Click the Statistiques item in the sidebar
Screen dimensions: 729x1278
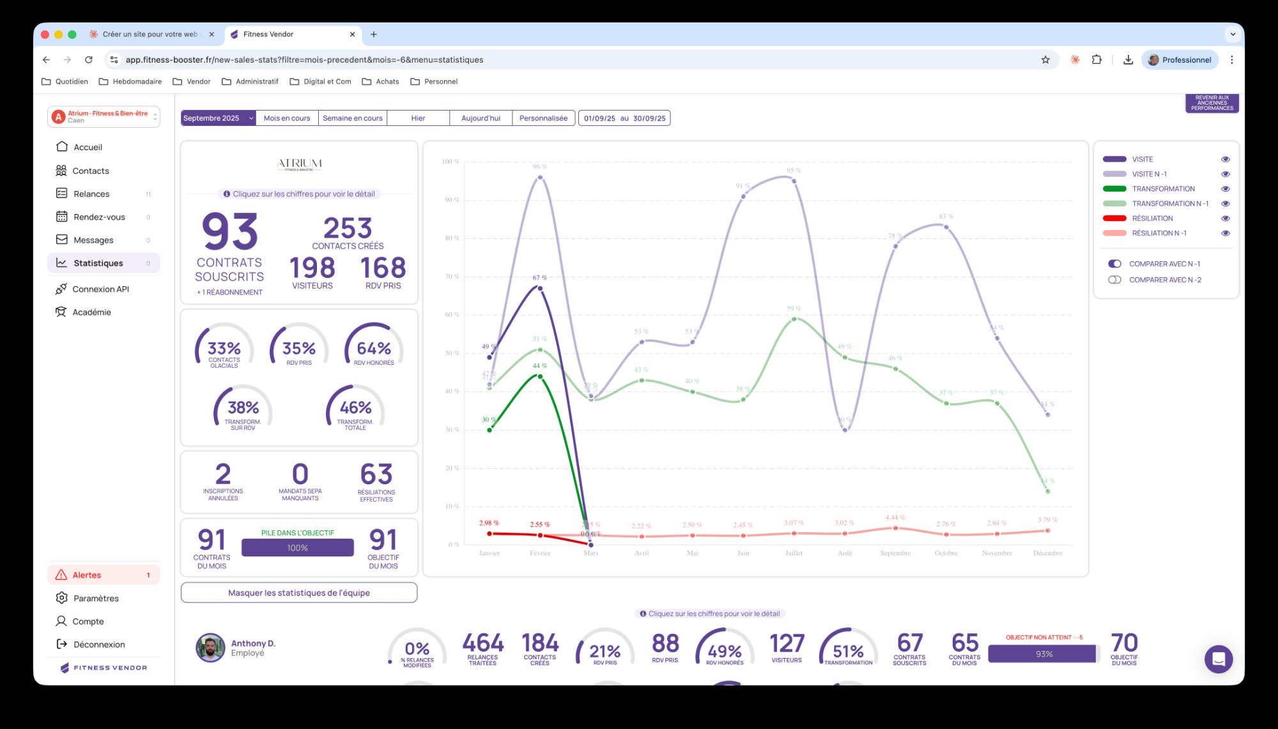coord(98,263)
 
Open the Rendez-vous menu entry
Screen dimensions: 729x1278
coord(99,217)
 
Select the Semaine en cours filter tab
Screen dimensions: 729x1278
coord(352,118)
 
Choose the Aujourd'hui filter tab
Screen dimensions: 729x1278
coord(481,118)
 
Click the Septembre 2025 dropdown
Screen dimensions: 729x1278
coord(218,118)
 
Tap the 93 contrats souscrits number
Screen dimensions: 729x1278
coord(229,232)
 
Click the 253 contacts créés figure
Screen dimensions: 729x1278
coord(348,229)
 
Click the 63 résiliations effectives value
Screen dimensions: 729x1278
coord(376,475)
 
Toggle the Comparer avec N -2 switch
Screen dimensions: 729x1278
coord(1114,280)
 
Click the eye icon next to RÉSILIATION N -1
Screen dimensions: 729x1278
coord(1225,233)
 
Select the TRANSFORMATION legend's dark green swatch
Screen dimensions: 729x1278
coord(1114,189)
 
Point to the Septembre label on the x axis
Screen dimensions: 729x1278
coord(895,553)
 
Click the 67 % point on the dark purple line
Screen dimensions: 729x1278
coord(540,288)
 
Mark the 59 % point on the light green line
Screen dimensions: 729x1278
coord(794,319)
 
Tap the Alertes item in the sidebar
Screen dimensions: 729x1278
coord(87,575)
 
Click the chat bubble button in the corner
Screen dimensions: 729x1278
coord(1218,659)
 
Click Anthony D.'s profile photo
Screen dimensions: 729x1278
coord(210,648)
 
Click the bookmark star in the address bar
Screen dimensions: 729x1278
coord(1045,60)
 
